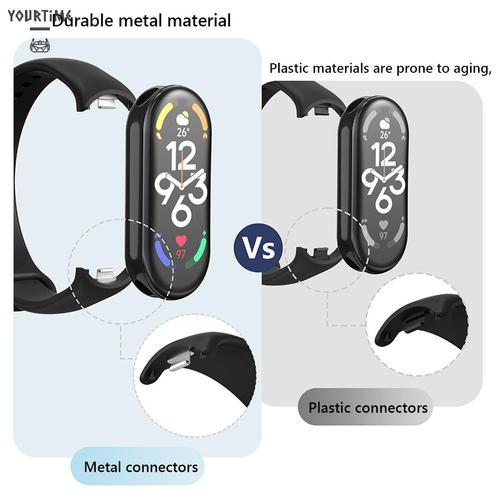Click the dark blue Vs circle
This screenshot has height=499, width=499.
(258, 248)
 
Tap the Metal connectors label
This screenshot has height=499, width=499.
(141, 467)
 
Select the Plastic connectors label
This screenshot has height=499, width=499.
(368, 408)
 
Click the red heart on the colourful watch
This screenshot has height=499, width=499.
(181, 241)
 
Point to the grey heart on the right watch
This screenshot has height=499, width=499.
(383, 224)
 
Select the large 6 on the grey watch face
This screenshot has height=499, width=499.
(383, 199)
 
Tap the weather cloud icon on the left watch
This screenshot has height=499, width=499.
(182, 118)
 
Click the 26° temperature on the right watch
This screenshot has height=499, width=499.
(384, 135)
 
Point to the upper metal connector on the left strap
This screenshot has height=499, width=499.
(107, 103)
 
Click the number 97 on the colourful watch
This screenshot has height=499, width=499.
(181, 254)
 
